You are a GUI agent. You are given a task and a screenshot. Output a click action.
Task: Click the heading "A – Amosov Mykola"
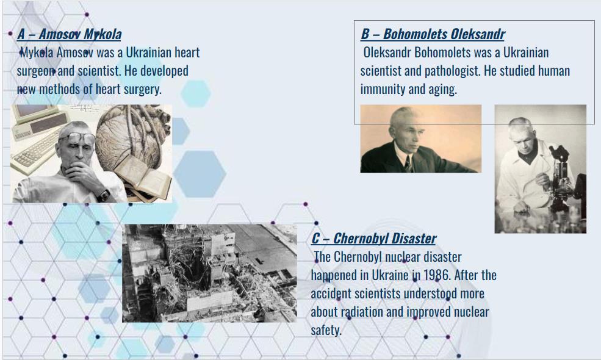pyautogui.click(x=69, y=34)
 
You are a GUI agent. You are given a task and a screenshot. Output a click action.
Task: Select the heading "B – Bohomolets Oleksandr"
pyautogui.click(x=433, y=34)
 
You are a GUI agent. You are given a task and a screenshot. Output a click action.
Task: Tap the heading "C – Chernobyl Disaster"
pyautogui.click(x=373, y=239)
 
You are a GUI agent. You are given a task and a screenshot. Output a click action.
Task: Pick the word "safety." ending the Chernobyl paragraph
pyautogui.click(x=326, y=330)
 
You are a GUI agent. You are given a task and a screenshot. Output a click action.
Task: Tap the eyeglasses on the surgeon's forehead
pyautogui.click(x=77, y=137)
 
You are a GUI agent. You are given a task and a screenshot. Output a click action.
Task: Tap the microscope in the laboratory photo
pyautogui.click(x=562, y=177)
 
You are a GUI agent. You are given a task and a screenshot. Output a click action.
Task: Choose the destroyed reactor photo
pyautogui.click(x=209, y=273)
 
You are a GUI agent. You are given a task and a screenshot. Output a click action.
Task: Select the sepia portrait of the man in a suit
pyautogui.click(x=421, y=139)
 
